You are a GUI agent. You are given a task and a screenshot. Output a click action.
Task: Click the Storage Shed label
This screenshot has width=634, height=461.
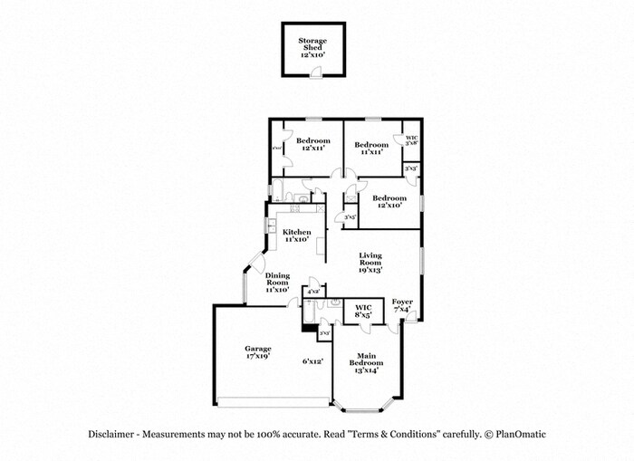click(312, 47)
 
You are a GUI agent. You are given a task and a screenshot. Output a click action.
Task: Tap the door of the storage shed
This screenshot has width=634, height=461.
click(313, 73)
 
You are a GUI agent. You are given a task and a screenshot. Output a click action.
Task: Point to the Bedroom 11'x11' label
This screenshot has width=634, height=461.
click(371, 149)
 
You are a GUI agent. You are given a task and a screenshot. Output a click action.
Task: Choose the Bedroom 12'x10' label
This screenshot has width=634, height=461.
click(389, 201)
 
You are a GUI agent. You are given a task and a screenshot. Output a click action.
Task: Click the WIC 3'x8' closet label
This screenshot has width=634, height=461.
click(411, 139)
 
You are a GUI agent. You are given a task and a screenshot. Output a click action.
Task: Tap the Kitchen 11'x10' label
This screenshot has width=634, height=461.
click(296, 235)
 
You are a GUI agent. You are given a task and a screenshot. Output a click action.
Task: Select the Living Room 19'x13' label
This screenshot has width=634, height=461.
click(370, 263)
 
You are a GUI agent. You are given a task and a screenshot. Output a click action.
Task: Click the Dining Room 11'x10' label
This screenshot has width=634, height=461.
click(277, 283)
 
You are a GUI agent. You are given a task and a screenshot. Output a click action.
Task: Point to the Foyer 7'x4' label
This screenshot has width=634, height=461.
click(402, 305)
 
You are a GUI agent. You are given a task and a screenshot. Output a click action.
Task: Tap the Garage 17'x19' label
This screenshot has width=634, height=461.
click(258, 352)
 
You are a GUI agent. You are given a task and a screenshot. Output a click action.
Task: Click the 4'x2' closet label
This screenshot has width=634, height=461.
click(313, 292)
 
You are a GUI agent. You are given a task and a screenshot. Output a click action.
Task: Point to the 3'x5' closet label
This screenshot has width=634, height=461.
click(344, 216)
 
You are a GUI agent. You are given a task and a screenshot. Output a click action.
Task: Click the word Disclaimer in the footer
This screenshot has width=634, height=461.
click(111, 434)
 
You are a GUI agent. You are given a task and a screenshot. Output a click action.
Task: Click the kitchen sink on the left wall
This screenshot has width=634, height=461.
click(270, 224)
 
